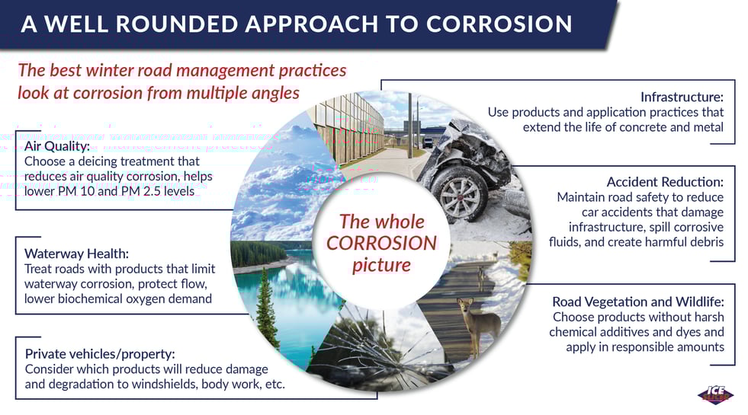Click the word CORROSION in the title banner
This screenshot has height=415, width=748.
click(x=499, y=24)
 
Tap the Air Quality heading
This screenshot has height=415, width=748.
click(x=57, y=145)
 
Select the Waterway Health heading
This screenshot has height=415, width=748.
click(x=76, y=253)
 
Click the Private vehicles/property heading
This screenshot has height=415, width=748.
click(x=100, y=354)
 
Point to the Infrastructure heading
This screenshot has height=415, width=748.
click(x=682, y=97)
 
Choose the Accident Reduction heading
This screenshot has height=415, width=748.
click(x=665, y=181)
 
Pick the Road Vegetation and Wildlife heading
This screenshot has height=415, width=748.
click(x=637, y=302)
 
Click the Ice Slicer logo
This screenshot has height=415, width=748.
click(x=715, y=394)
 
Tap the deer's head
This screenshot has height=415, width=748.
click(x=465, y=304)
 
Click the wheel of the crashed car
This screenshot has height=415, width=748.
click(x=458, y=194)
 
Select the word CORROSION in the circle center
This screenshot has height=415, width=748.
click(x=381, y=243)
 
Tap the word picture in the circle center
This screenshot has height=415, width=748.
click(x=381, y=266)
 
